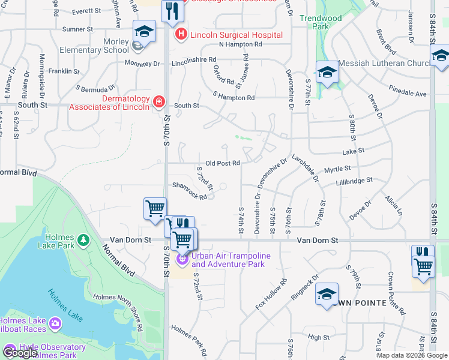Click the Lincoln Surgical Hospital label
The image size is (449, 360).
[x=236, y=35]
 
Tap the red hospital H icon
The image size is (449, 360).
[x=180, y=35]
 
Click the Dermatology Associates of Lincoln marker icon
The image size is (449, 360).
[x=158, y=103]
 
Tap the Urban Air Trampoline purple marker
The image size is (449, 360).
[x=181, y=259]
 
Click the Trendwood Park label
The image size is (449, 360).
[x=321, y=22]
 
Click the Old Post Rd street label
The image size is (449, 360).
[x=223, y=163]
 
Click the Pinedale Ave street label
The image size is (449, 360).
[x=407, y=94]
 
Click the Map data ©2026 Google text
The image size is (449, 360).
[x=411, y=355]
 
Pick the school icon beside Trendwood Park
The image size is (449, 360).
[x=327, y=73]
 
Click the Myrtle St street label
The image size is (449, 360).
[x=337, y=170]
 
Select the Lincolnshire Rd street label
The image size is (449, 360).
[x=193, y=61]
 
